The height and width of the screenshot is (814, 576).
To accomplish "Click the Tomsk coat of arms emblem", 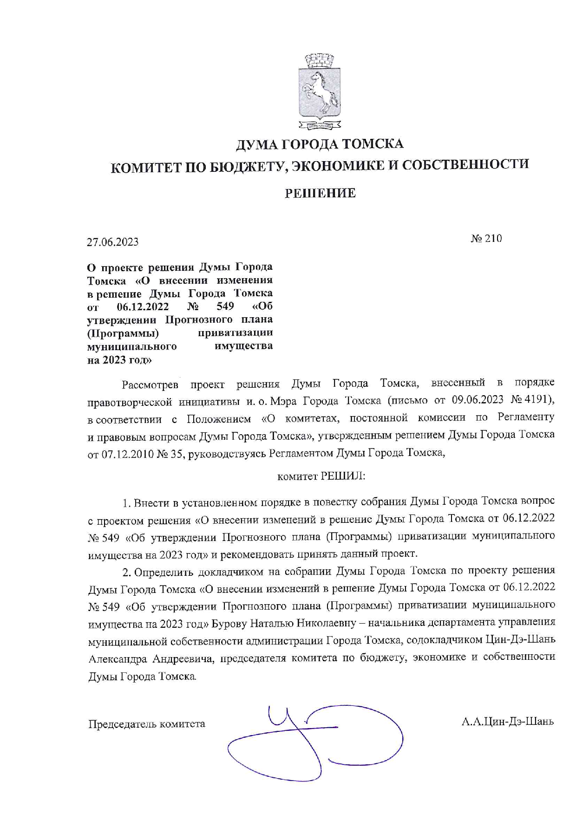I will (x=320, y=91).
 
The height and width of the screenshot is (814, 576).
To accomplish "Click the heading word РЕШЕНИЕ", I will (x=320, y=193).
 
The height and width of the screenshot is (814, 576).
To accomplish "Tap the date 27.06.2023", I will (x=112, y=242).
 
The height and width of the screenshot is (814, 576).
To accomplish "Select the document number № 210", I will (x=486, y=239).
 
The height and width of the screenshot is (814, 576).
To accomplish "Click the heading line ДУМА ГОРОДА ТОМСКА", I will (x=320, y=144).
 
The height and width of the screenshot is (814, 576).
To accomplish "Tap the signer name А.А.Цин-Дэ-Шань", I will (x=507, y=722).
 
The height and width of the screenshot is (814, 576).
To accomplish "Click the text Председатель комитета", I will (x=146, y=724).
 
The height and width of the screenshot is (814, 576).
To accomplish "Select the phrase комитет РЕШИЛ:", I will (x=321, y=476).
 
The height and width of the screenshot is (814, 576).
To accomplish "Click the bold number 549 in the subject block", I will (x=225, y=306).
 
